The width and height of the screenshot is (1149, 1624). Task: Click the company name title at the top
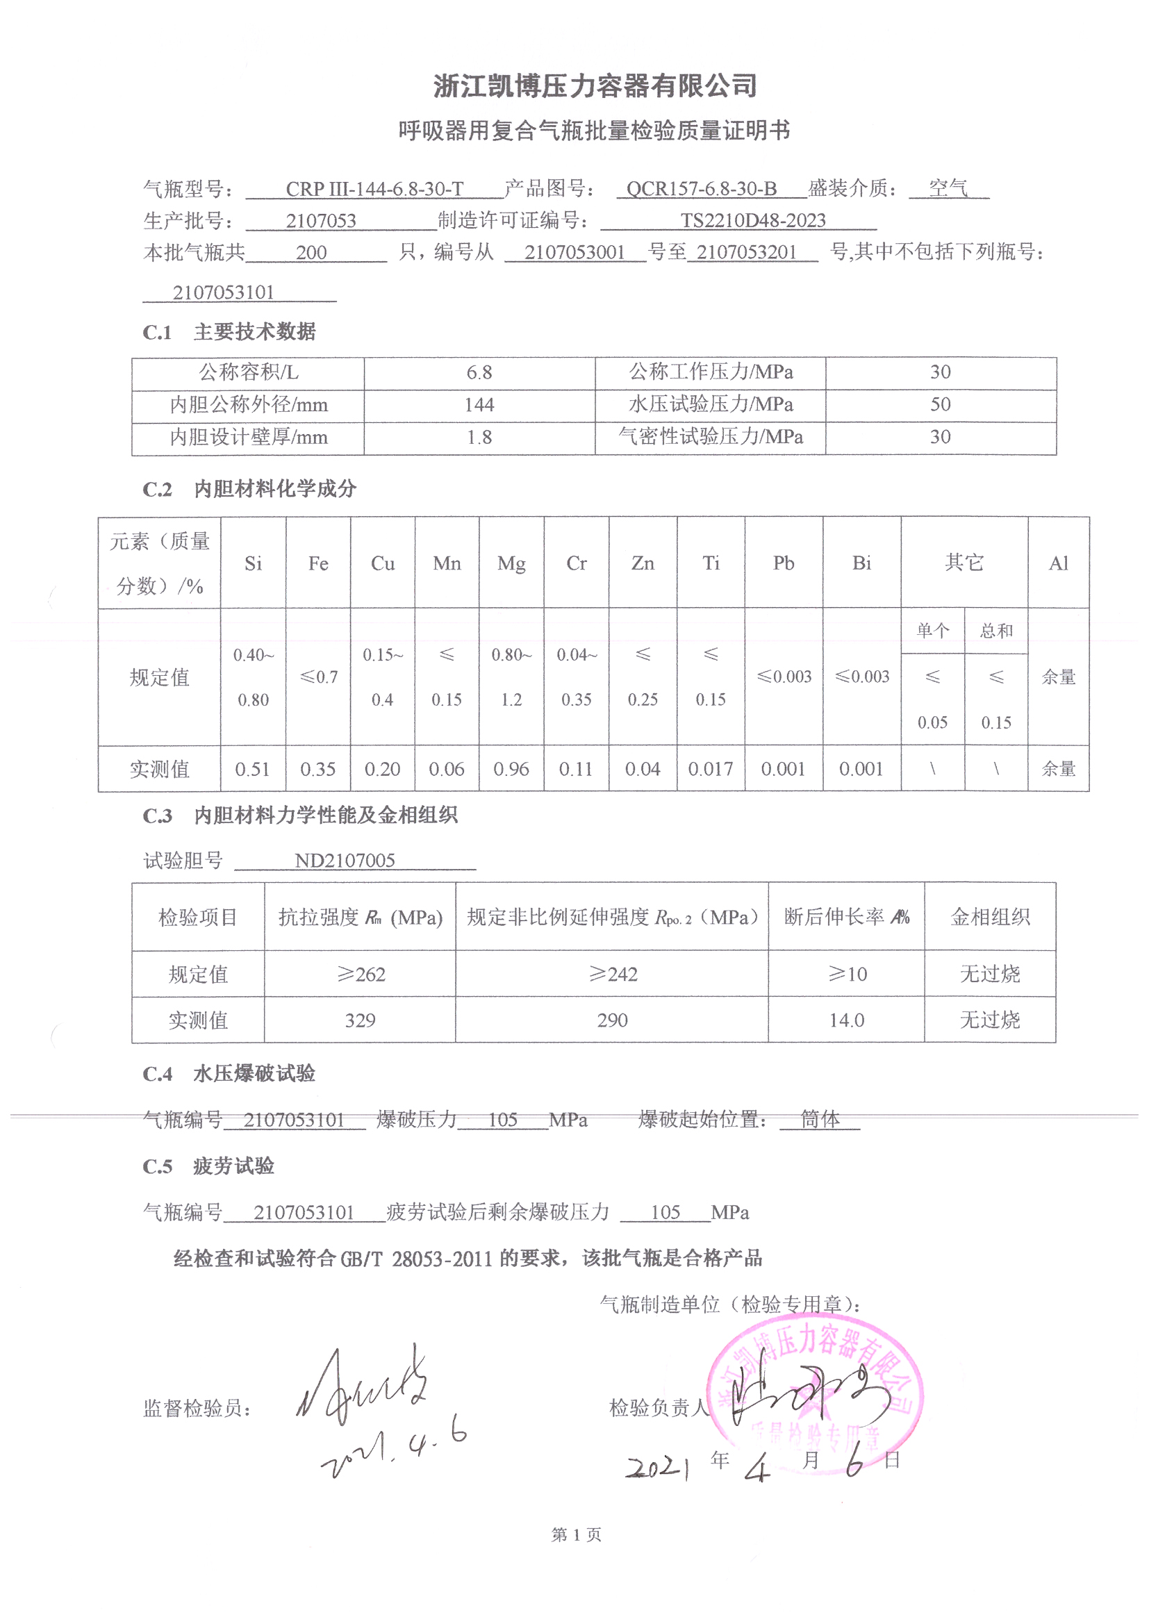(x=595, y=86)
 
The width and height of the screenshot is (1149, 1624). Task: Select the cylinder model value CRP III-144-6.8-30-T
(x=374, y=190)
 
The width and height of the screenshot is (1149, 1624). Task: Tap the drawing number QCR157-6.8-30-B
(x=701, y=189)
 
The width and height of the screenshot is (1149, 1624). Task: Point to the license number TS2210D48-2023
(x=753, y=221)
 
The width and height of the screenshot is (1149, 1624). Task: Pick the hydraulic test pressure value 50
(x=940, y=404)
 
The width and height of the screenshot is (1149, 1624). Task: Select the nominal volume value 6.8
(x=479, y=372)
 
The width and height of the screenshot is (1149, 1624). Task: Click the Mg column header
(x=511, y=563)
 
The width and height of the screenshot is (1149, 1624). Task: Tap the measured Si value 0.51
(x=253, y=769)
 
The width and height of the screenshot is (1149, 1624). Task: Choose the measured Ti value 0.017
(x=711, y=769)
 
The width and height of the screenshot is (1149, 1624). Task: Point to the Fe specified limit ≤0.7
(x=318, y=677)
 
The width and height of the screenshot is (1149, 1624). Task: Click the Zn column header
(x=643, y=563)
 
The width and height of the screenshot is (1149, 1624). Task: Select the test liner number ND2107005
(x=345, y=861)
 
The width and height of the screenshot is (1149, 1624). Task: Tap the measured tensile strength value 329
(x=360, y=1020)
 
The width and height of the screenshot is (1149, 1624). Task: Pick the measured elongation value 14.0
(x=846, y=1020)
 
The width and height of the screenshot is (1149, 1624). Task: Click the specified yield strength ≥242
(x=613, y=974)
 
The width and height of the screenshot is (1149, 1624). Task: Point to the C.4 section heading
(x=229, y=1074)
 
